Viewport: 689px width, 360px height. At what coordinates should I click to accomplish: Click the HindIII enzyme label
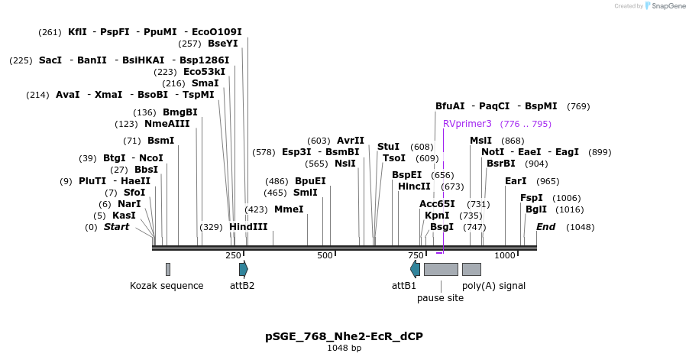pos(248,227)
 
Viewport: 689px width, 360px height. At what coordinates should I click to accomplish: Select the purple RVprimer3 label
pos(467,124)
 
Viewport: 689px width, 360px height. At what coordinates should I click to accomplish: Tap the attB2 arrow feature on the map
pos(243,269)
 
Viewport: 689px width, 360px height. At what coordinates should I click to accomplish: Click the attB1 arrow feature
pos(415,269)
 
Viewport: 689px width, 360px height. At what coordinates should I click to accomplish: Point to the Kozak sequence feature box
pos(168,269)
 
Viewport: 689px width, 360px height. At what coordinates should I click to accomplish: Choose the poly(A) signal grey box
pos(471,269)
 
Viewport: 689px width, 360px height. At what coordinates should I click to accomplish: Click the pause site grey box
pos(441,269)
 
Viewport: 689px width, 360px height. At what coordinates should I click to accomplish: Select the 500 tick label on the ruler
pos(325,255)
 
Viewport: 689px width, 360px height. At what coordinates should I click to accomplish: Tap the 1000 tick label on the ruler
pos(505,255)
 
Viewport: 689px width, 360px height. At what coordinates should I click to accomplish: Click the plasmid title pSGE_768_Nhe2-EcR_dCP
pos(344,336)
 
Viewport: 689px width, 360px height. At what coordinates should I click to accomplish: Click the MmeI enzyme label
pos(289,209)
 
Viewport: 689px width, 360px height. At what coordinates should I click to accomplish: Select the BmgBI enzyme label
pos(180,112)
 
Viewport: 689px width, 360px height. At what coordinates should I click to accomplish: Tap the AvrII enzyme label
pos(351,141)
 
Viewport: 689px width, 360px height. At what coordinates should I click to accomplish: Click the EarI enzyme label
pos(516,181)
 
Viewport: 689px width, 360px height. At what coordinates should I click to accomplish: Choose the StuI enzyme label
pos(388,147)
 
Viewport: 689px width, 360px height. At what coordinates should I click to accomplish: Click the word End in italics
pos(545,227)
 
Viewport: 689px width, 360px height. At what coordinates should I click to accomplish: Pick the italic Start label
pos(116,227)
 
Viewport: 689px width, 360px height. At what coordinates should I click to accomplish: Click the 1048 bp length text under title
pos(344,349)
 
